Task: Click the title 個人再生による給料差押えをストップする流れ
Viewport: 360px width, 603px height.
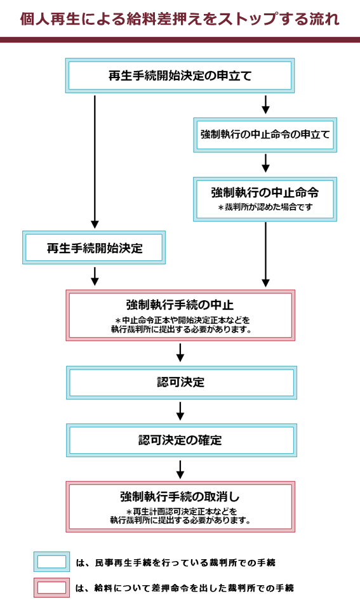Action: tap(180, 18)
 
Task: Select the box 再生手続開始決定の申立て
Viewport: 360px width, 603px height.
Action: tap(180, 76)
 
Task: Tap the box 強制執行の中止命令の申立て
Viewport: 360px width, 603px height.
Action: tap(265, 135)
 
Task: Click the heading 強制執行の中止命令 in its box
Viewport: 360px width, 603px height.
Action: tap(265, 192)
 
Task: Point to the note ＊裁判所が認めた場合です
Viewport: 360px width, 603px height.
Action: tap(265, 208)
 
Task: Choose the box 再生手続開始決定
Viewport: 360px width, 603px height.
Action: tap(94, 248)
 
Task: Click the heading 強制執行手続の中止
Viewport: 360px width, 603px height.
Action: tap(180, 305)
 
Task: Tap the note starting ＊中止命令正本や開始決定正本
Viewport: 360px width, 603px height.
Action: tap(180, 324)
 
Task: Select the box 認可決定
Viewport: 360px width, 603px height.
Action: tap(182, 383)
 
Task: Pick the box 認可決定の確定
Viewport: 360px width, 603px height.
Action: tap(182, 441)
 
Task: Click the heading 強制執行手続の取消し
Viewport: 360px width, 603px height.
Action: tap(180, 496)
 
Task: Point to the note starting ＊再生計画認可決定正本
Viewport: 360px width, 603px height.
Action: tap(180, 516)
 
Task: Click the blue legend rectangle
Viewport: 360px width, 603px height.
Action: tap(51, 562)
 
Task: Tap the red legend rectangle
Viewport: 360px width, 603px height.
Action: tap(51, 588)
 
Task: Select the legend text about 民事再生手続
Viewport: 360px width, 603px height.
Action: tap(175, 562)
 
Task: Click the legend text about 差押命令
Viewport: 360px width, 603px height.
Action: tap(185, 588)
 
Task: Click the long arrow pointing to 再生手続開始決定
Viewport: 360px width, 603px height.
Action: tap(95, 162)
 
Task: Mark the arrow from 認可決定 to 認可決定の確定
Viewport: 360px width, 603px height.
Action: tap(180, 411)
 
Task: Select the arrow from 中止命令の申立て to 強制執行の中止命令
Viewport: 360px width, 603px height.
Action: tap(265, 163)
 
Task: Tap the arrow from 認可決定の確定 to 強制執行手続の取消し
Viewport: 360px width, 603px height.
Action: tap(180, 469)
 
